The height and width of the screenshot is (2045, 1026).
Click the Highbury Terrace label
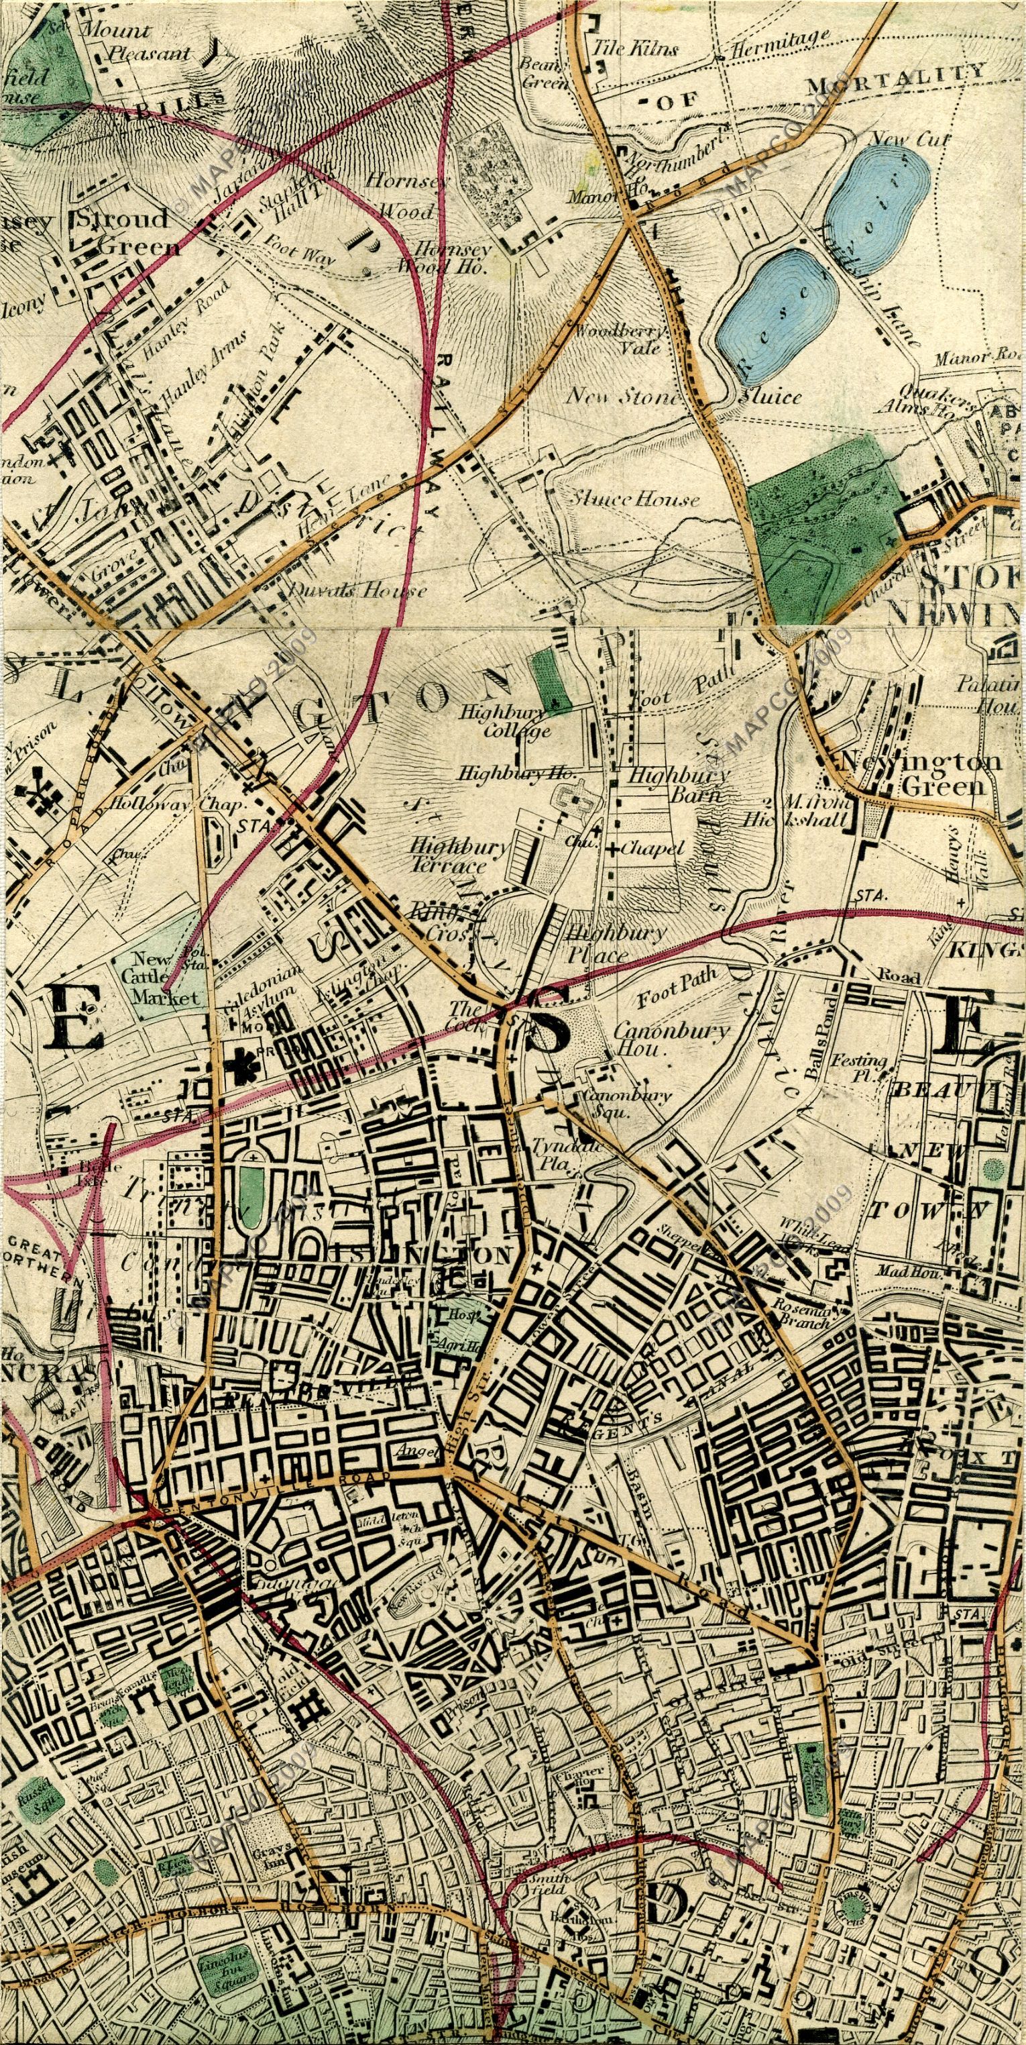point(459,855)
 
